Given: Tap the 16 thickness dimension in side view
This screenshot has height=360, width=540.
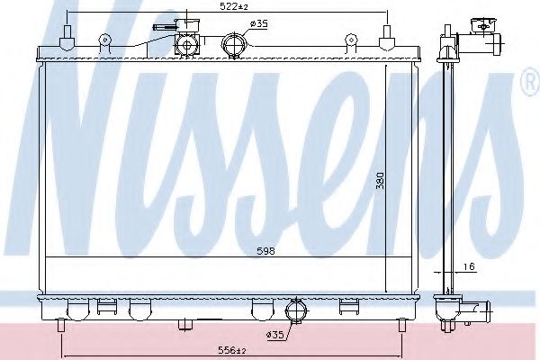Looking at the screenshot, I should pos(470,267).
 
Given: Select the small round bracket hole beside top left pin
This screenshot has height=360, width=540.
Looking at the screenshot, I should pos(105,40).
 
